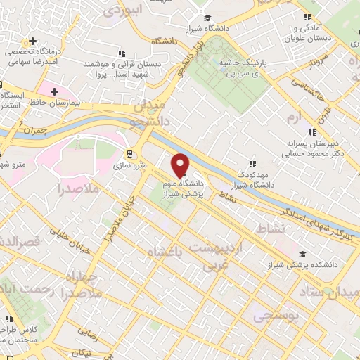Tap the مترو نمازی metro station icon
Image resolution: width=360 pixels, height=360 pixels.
click(129, 154)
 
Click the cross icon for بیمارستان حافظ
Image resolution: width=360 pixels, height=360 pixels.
click(53, 91)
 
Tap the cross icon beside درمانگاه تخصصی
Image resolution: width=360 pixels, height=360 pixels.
click(32, 41)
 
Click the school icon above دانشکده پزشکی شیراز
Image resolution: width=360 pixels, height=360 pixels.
click(302, 254)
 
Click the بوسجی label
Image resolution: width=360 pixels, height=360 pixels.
click(279, 317)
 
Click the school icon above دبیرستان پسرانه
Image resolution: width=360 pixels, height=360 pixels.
click(311, 132)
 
